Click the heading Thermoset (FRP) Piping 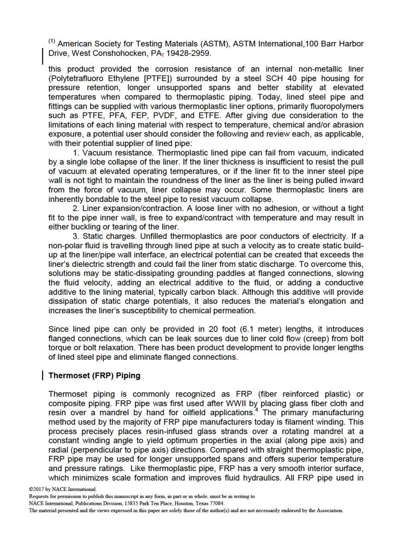coord(94,376)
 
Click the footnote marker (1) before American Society coord(52,42)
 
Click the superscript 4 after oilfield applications coord(257,410)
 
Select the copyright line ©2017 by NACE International coord(62,489)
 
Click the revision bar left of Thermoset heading coord(43,376)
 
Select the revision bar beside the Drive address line coord(43,56)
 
